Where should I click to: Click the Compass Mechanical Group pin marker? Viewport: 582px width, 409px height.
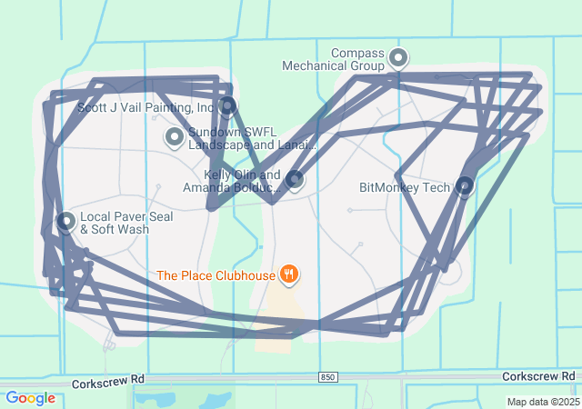point(397,58)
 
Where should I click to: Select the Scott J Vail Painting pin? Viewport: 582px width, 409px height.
point(227,105)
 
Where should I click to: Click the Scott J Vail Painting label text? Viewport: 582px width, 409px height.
point(145,107)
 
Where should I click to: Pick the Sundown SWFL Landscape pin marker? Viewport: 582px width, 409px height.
point(175,136)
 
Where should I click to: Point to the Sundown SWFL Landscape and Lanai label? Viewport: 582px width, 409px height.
point(252,138)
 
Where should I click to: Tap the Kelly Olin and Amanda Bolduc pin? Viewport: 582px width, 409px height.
point(294,179)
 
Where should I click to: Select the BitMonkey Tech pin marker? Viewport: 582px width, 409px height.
point(465,186)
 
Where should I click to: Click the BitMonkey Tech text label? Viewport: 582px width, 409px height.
point(405,188)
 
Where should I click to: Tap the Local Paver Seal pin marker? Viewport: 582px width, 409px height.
point(65,221)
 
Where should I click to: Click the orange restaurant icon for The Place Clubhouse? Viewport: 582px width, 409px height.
point(289,273)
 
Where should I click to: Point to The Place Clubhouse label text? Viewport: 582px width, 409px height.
point(216,274)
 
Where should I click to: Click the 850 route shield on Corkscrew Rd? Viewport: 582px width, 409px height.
point(327,376)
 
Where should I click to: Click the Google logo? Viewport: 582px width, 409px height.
point(30,398)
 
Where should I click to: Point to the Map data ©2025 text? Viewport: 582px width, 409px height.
point(542,402)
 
